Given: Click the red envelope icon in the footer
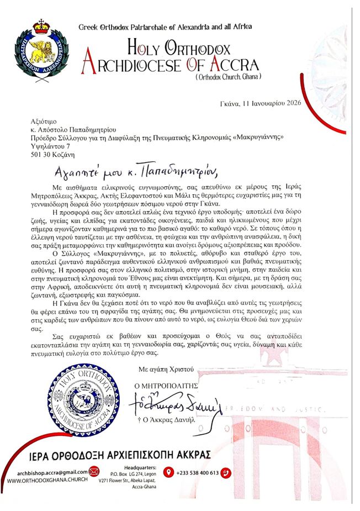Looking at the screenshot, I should pyautogui.click(x=94, y=472).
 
